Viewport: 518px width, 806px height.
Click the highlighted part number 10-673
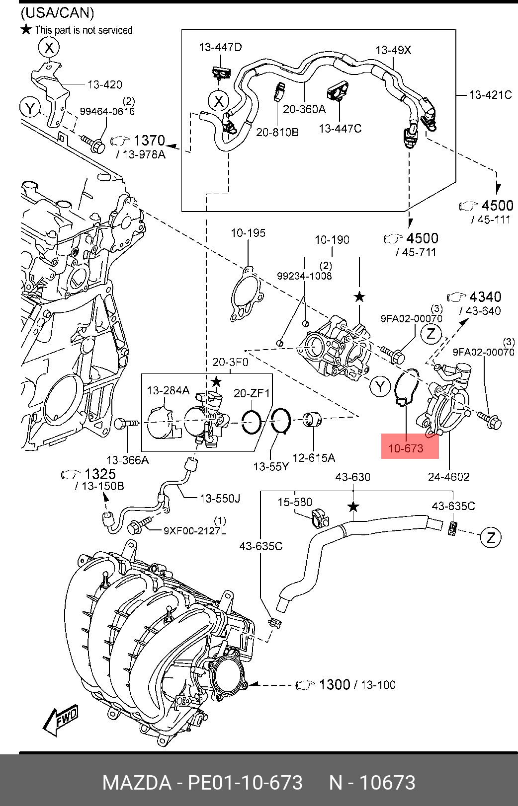[406, 448]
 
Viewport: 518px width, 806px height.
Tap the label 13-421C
[490, 95]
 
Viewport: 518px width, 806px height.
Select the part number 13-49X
[393, 50]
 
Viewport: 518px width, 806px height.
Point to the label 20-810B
[277, 133]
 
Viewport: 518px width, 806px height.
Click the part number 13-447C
[340, 129]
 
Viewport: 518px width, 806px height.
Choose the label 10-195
[248, 233]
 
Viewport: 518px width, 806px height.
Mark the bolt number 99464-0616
[107, 112]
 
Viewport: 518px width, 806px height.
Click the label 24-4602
[449, 477]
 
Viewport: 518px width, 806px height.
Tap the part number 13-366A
[128, 460]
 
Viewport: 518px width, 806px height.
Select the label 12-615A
[314, 458]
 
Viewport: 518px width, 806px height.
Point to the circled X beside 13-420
[49, 47]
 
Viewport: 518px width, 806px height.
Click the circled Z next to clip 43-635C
[491, 538]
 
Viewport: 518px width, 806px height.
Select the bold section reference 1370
[149, 141]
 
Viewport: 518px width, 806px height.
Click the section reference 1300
[335, 684]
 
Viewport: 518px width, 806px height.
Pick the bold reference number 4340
[485, 297]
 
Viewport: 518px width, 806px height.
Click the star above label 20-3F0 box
[216, 382]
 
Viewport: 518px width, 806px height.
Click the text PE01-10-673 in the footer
[245, 783]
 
